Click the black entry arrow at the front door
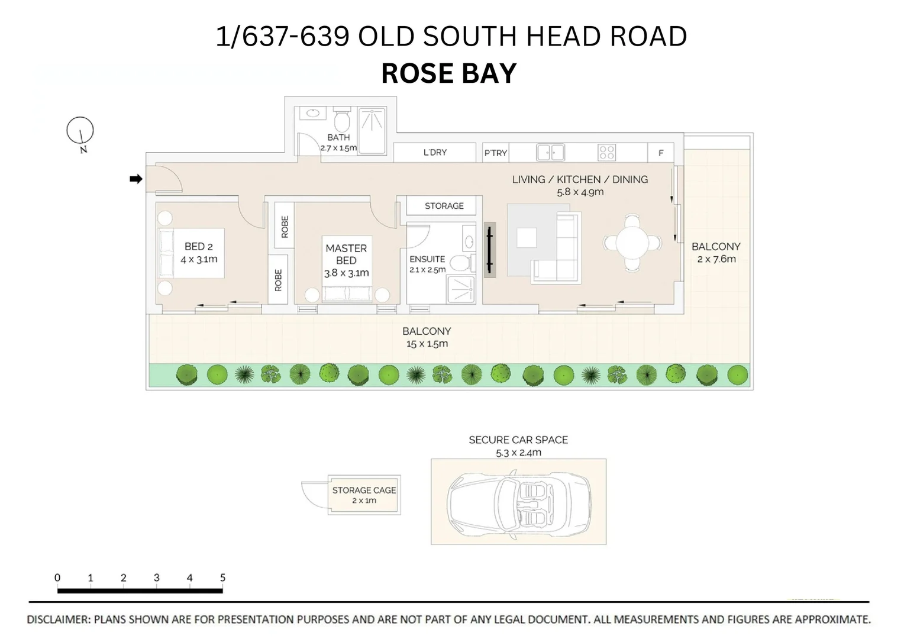(136, 179)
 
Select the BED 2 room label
(198, 246)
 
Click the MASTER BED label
(346, 254)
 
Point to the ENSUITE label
(427, 259)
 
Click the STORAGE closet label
(444, 206)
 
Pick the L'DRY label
(435, 153)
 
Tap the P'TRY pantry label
(496, 153)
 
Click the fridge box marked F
(661, 153)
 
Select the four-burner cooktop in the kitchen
(607, 153)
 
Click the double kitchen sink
(550, 153)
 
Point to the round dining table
(632, 243)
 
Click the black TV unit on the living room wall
(490, 250)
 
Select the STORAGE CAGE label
(364, 490)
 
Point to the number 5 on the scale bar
(222, 577)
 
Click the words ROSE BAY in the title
(449, 73)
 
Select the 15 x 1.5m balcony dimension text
(427, 344)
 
